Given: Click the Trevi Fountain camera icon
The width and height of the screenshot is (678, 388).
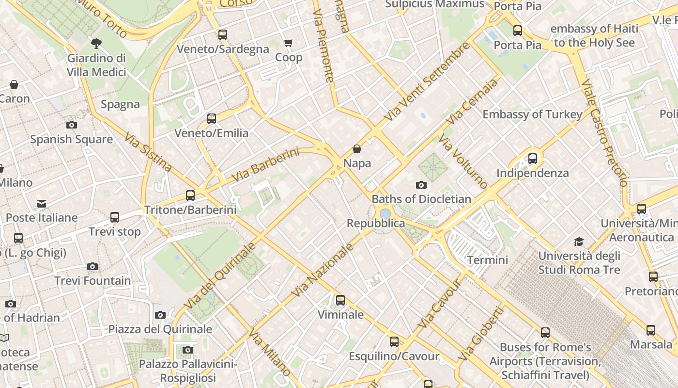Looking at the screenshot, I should point(92,266).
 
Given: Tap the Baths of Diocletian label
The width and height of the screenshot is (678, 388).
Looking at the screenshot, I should point(421,199).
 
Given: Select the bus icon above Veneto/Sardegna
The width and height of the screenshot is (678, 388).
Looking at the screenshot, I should point(223,35).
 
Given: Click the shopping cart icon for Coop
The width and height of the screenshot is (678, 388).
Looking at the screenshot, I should point(289,43).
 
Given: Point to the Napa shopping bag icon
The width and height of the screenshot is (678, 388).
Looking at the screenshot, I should point(357,149).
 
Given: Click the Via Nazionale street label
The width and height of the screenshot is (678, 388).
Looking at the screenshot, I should point(323,270).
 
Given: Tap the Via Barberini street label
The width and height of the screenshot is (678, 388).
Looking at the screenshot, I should point(265,165).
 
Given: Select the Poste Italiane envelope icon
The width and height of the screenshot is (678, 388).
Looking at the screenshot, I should point(42,204).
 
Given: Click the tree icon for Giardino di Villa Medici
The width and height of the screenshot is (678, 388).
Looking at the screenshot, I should point(96,44).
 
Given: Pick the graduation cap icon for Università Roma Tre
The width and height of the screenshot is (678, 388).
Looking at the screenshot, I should point(579,242).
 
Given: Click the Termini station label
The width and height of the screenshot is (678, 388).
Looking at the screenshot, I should point(488,260).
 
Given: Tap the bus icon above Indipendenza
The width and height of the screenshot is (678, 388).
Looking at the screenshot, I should point(533,158).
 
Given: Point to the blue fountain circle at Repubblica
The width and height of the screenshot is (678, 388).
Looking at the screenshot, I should point(385,213).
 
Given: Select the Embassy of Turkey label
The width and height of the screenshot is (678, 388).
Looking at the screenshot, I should point(532,114).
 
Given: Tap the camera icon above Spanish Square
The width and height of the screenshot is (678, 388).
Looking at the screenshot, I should point(72,125).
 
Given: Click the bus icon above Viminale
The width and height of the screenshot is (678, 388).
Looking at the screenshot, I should point(340,300).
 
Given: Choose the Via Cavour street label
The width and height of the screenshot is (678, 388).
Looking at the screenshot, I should point(440,303).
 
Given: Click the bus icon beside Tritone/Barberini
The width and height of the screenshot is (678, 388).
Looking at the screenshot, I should point(190,195).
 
